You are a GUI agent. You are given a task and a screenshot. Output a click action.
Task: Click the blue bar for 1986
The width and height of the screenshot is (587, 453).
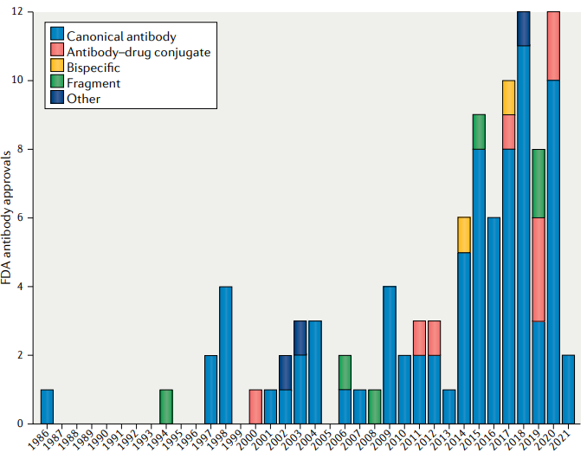(48, 406)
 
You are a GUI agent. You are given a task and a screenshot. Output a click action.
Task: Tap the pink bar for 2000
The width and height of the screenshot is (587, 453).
(255, 406)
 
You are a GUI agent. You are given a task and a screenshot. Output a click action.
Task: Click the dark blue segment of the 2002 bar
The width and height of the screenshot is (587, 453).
(286, 372)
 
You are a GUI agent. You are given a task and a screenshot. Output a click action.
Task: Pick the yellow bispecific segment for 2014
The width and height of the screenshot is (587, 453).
(464, 235)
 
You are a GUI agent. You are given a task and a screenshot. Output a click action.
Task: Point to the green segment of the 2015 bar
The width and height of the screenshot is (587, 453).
(479, 132)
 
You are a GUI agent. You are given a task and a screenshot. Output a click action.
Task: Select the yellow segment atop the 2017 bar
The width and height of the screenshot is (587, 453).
(509, 97)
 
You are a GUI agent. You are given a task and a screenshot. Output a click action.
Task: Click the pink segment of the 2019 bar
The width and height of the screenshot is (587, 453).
(539, 269)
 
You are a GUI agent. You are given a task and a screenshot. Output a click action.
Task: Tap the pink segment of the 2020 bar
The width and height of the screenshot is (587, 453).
(553, 46)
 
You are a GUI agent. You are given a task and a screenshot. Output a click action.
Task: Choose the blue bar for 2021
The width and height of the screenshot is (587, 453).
(568, 389)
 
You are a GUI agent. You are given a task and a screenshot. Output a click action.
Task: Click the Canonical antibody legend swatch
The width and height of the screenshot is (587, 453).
(57, 36)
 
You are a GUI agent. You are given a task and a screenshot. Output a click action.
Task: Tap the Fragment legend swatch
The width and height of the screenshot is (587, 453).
(57, 83)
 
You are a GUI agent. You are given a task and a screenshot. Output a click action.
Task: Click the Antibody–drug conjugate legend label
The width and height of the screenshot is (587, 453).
(139, 52)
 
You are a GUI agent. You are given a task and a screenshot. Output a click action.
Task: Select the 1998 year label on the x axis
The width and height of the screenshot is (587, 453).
(223, 437)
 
